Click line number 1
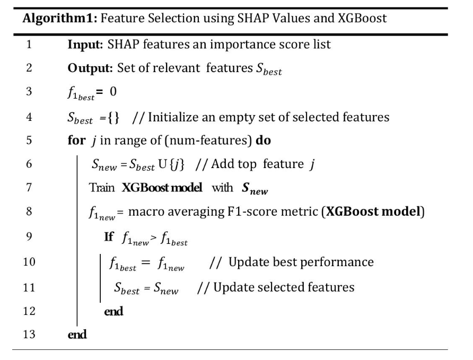[30, 44]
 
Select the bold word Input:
[84, 44]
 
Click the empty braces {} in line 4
[114, 117]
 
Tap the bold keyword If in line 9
[109, 236]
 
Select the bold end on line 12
[113, 311]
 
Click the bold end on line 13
[77, 335]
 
